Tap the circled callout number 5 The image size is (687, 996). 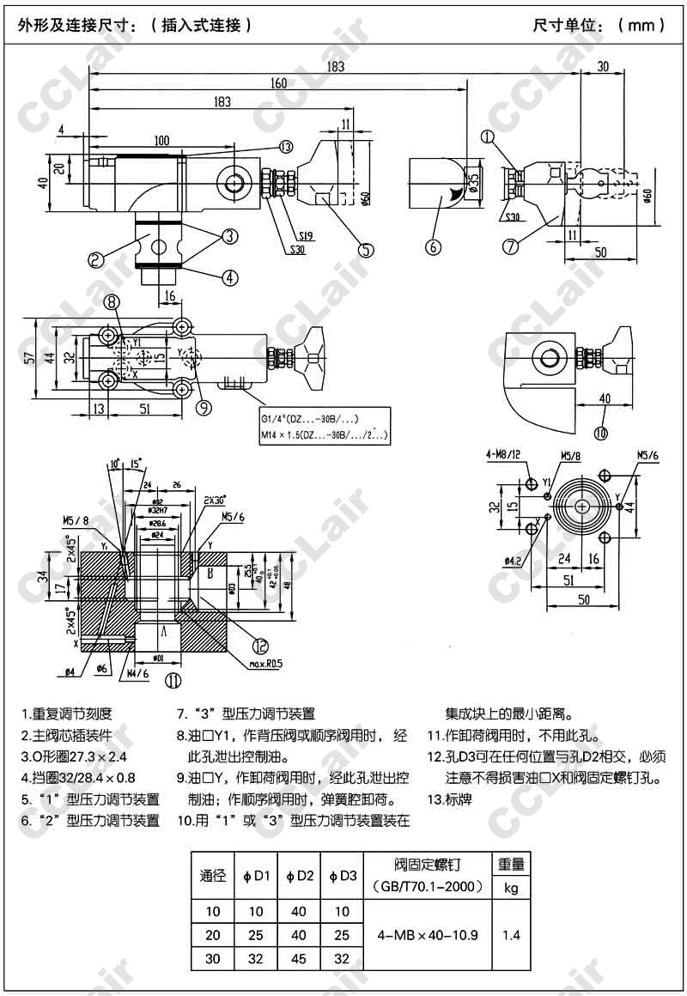(x=366, y=251)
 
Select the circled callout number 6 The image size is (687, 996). (x=434, y=246)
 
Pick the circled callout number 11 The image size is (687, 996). (x=174, y=681)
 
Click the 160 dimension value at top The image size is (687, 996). (x=279, y=84)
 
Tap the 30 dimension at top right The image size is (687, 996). (x=603, y=67)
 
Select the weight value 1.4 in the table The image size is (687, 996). (x=512, y=935)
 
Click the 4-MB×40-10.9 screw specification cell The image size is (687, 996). (x=427, y=935)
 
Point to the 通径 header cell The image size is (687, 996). (x=213, y=876)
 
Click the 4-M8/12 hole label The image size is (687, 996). (x=503, y=456)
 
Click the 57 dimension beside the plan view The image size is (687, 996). (x=30, y=357)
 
